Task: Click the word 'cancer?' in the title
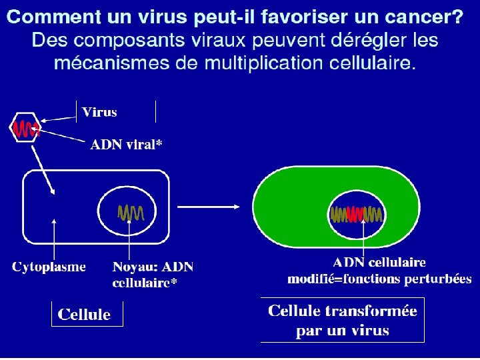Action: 423,17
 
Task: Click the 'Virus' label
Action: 99,112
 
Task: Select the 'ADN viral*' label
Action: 127,145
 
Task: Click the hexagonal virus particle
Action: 25,127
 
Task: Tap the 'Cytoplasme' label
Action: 49,267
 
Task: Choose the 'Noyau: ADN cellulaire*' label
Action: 153,275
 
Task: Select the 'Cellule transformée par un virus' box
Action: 342,320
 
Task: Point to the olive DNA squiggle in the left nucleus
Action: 131,213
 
